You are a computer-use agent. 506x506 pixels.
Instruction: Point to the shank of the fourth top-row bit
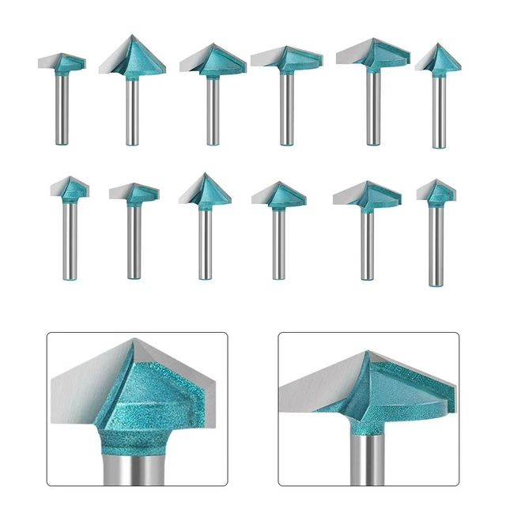285,107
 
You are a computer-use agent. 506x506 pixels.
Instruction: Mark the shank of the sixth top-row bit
436,111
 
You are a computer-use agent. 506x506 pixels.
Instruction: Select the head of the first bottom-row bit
70,188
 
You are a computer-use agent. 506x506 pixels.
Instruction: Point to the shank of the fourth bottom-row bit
278,241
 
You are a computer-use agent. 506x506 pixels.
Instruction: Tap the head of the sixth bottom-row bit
436,191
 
